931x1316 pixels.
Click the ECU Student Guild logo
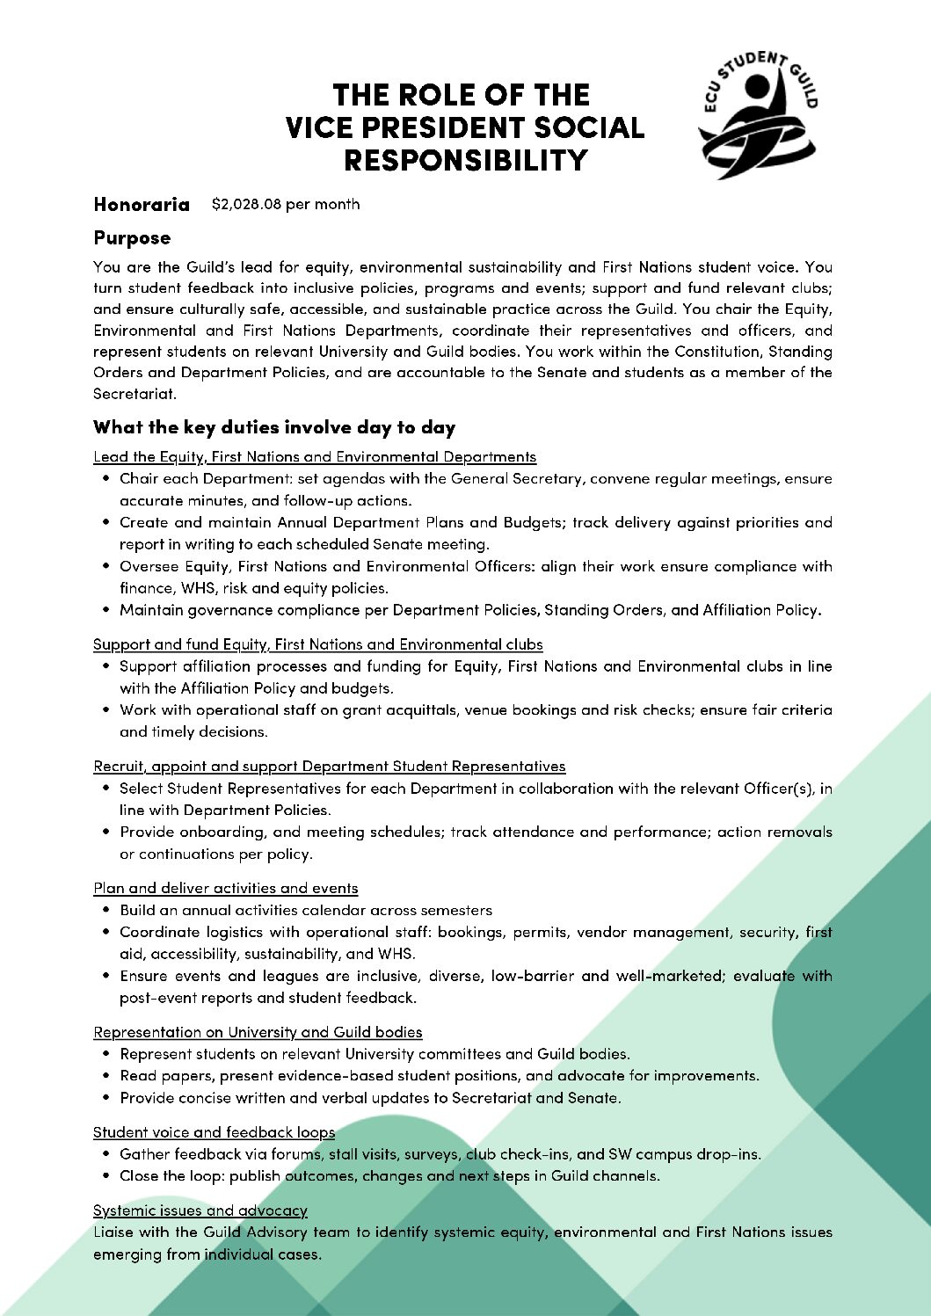[757, 114]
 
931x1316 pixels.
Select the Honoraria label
[142, 205]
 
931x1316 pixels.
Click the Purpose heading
[132, 238]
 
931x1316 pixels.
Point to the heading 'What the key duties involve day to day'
[274, 428]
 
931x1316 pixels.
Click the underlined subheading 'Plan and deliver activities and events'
[226, 889]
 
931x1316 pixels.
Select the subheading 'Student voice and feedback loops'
[214, 1133]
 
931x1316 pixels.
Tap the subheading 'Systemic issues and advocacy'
[200, 1211]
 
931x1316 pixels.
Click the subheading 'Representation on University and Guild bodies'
[258, 1033]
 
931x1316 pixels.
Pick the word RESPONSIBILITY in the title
[465, 161]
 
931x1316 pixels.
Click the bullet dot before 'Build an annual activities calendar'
[106, 911]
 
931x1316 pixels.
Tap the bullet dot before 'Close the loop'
[106, 1176]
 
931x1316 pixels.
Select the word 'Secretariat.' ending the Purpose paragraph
[135, 394]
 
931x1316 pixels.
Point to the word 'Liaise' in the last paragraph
[113, 1232]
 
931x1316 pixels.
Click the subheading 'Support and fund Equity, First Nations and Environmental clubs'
[317, 645]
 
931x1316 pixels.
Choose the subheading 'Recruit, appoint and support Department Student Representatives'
[330, 767]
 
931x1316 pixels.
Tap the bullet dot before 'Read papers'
[106, 1076]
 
